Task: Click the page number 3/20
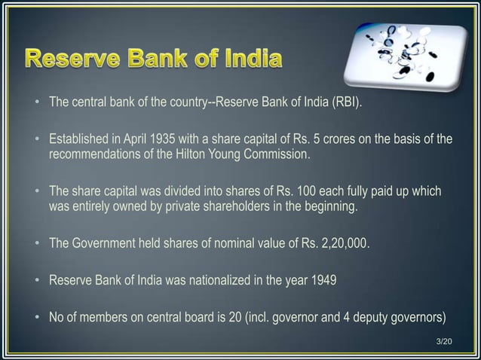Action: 446,343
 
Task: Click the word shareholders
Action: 246,206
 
